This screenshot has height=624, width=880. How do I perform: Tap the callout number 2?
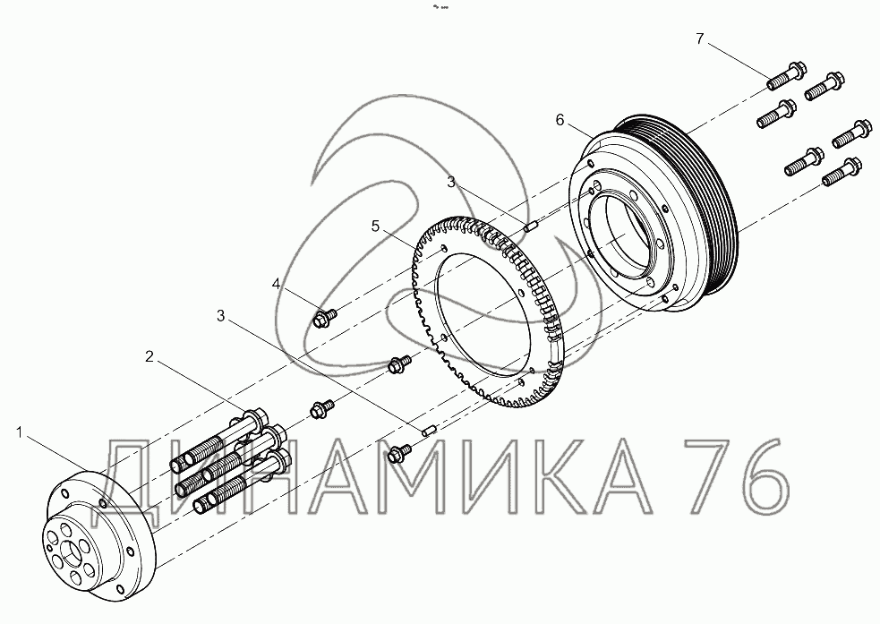coord(150,356)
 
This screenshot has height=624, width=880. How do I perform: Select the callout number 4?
coord(276,284)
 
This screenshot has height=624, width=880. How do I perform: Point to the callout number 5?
coord(375,227)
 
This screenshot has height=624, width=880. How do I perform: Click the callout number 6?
coord(560,120)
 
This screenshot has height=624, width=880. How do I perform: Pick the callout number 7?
coord(699,38)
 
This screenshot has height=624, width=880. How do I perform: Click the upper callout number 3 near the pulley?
coord(452,182)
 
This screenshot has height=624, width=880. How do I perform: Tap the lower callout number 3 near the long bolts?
coord(221,316)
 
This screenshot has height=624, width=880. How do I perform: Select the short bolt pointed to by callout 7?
coord(787,75)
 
